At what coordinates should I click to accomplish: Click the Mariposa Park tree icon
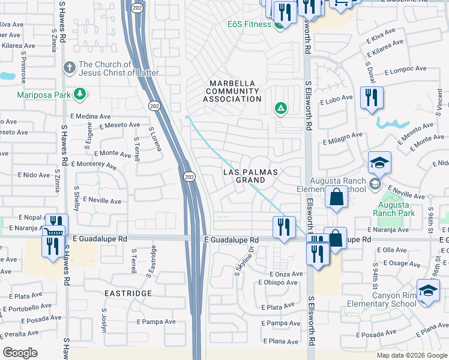point(79,94)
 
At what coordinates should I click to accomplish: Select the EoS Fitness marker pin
point(279,24)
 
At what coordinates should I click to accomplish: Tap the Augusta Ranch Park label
point(393,209)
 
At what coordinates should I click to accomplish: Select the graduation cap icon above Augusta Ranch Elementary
point(379,163)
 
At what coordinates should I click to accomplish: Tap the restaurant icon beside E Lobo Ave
point(370,97)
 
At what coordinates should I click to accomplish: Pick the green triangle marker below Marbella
point(280,109)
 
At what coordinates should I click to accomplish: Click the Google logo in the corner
point(20,352)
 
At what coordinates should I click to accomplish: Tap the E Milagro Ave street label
point(342,139)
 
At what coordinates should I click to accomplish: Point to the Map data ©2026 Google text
point(412,355)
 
